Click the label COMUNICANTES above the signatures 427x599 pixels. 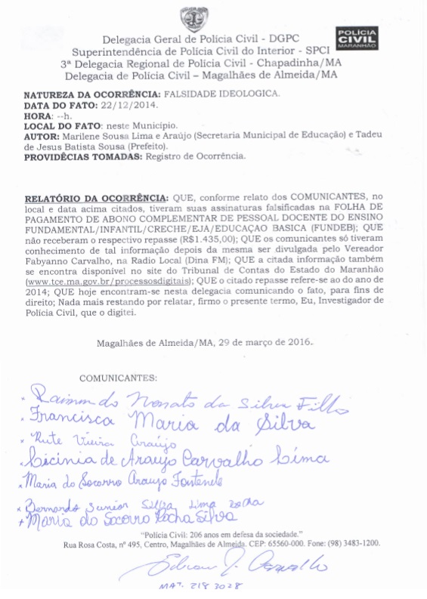click(118, 376)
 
